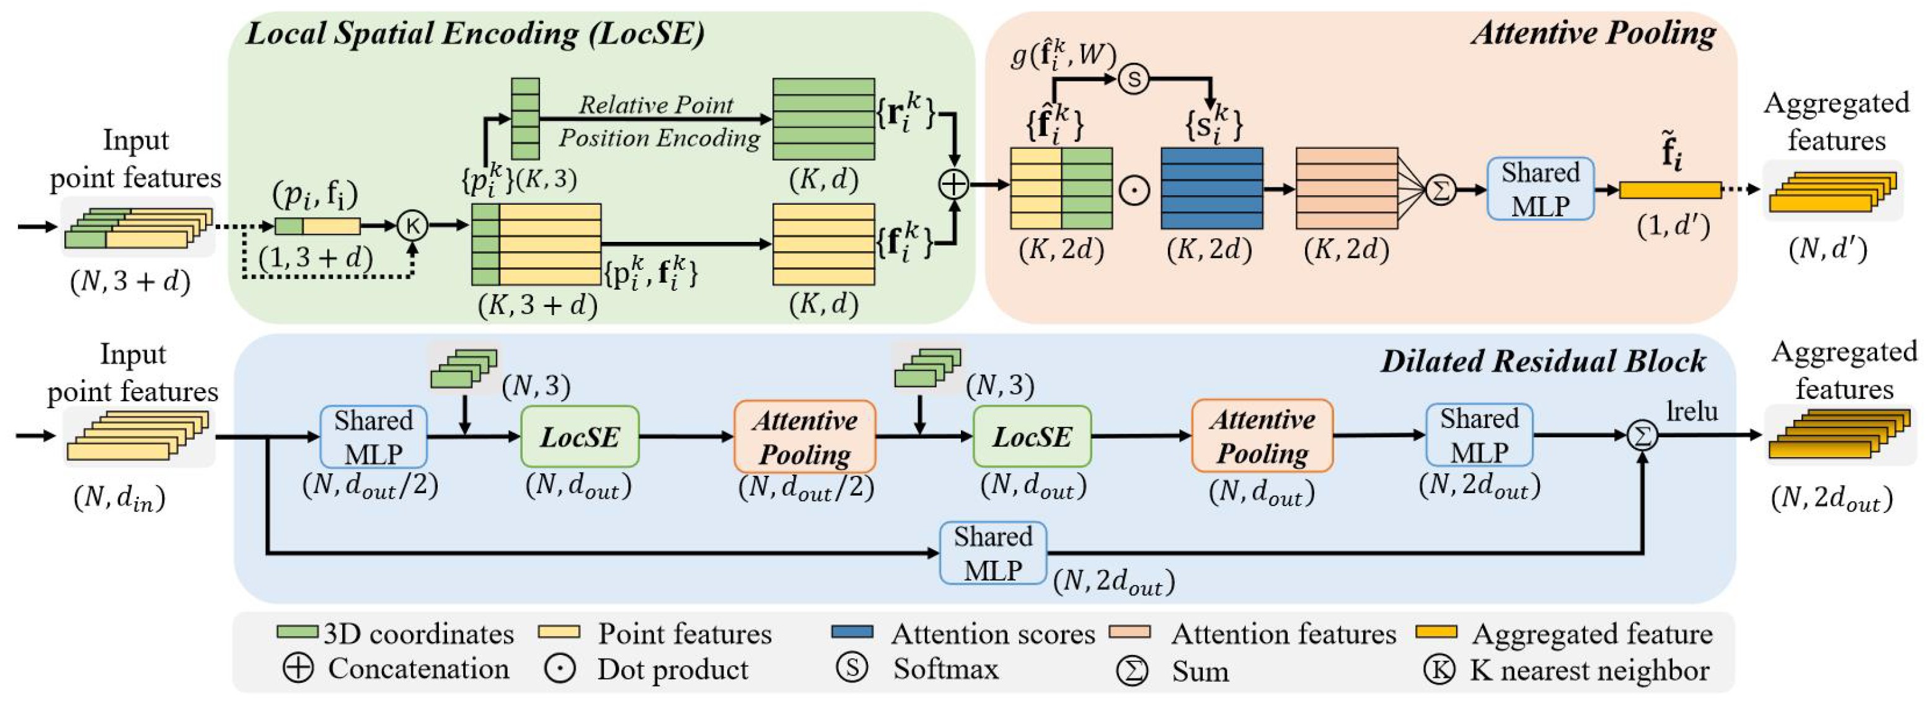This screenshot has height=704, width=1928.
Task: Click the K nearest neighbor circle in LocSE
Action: tap(412, 225)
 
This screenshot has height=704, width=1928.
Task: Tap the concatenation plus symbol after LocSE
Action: tap(953, 184)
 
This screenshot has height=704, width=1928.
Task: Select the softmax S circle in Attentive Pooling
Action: tap(1134, 79)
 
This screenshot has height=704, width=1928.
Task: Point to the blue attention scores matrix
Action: tap(1212, 188)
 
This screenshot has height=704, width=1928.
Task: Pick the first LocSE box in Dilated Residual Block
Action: tap(580, 437)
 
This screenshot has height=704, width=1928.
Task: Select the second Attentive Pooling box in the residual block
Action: tap(1263, 436)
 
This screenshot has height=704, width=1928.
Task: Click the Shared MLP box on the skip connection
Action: tap(993, 553)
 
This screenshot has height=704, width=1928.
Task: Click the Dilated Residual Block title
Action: tap(1542, 361)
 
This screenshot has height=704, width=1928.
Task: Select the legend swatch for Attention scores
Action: tap(852, 632)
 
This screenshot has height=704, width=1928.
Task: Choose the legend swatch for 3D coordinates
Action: tap(297, 632)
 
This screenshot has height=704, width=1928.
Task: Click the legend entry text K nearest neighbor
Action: tap(1590, 669)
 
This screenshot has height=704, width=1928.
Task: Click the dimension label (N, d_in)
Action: tap(119, 498)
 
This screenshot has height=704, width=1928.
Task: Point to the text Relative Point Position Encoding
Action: tap(657, 122)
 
